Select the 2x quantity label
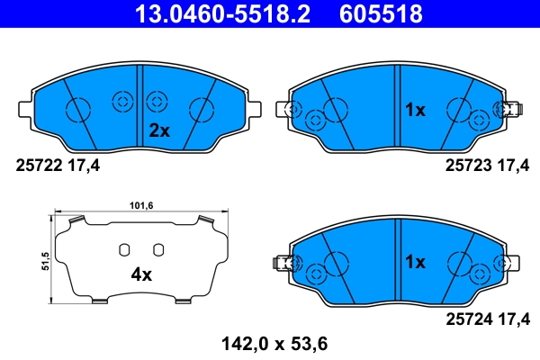[x=158, y=130]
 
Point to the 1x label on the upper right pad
[x=414, y=111]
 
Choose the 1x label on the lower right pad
[x=414, y=263]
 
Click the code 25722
[x=37, y=165]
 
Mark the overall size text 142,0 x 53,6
[x=269, y=342]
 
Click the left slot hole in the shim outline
[x=126, y=249]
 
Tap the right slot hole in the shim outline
[x=158, y=249]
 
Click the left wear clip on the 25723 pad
[x=290, y=111]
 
